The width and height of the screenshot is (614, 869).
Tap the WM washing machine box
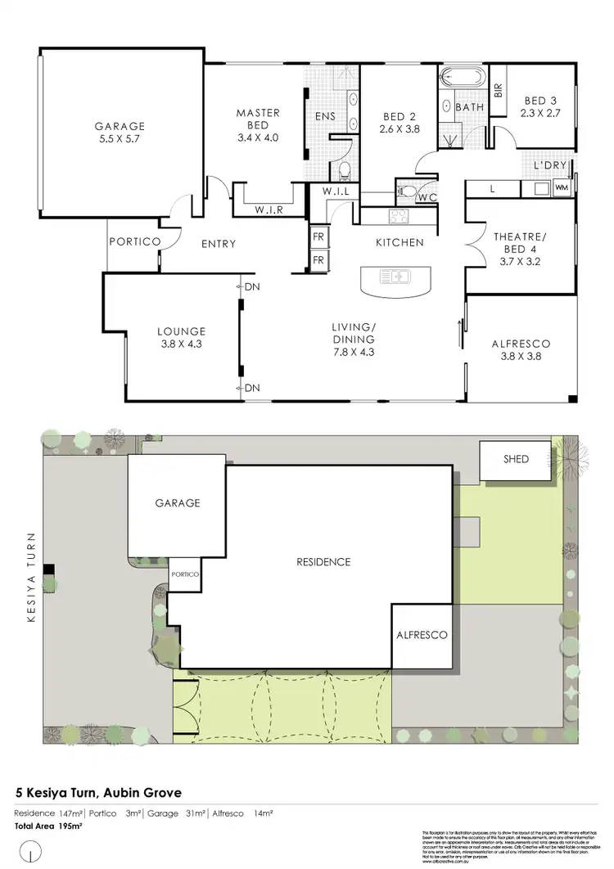pos(561,188)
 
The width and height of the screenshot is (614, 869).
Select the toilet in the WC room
pos(409,191)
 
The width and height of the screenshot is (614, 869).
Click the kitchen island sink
pos(398,276)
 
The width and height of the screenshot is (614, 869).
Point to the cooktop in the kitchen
pos(398,217)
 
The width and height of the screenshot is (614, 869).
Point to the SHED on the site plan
pos(516,459)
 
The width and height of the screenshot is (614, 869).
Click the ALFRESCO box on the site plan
pos(422,634)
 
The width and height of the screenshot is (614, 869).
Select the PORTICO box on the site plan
pos(185,575)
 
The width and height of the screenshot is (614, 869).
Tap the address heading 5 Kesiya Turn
pos(99,792)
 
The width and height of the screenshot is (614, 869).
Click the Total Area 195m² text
pos(49,826)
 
